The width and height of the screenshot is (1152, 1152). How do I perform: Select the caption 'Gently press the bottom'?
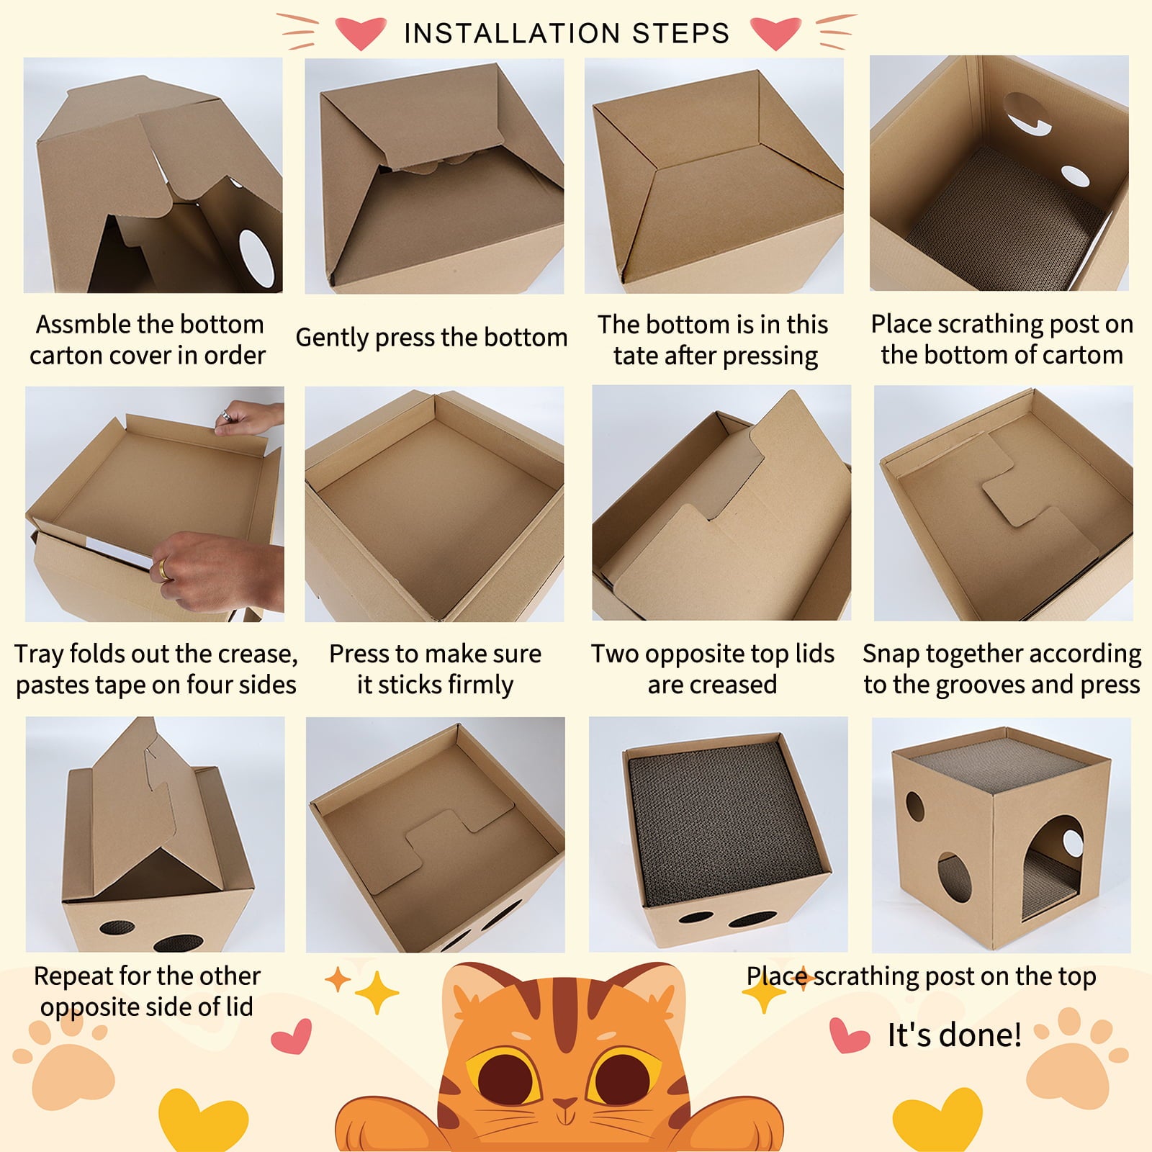[x=431, y=337]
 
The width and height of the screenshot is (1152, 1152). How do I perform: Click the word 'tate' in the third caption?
[x=634, y=356]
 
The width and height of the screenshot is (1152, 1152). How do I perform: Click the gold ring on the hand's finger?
[x=165, y=569]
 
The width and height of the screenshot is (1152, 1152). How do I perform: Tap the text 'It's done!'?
[x=954, y=1035]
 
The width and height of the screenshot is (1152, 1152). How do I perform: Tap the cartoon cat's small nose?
[x=565, y=1103]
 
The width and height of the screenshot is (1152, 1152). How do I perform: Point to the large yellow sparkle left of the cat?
[x=376, y=993]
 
